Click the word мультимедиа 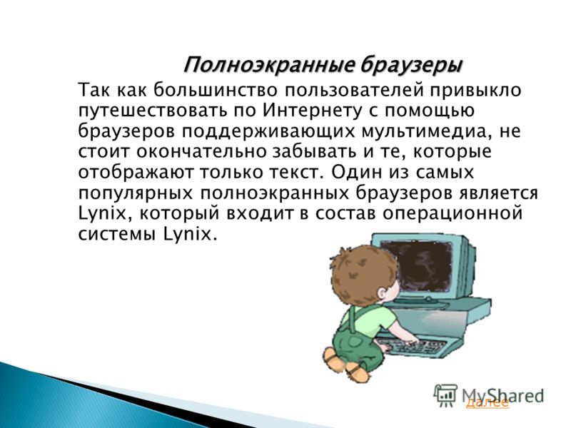[424, 131]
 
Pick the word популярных [136, 193]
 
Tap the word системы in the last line [117, 234]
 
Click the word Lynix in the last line [190, 234]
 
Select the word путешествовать [153, 111]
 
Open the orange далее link [487, 402]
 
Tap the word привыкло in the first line [476, 91]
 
